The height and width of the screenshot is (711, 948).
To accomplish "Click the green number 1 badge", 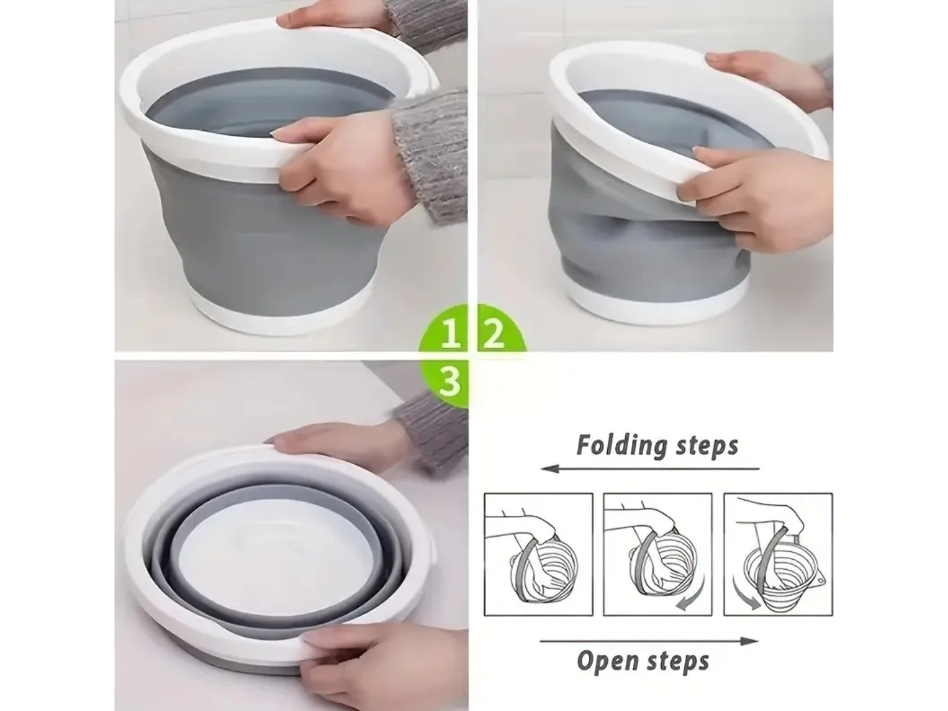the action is (x=445, y=328).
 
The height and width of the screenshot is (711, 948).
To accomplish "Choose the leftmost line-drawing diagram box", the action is (x=539, y=555).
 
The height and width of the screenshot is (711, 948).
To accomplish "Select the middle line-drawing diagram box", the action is (x=657, y=555).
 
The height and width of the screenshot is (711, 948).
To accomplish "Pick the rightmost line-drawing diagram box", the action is (x=778, y=555).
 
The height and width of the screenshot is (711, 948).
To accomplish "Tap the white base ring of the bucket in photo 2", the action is (x=652, y=302).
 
